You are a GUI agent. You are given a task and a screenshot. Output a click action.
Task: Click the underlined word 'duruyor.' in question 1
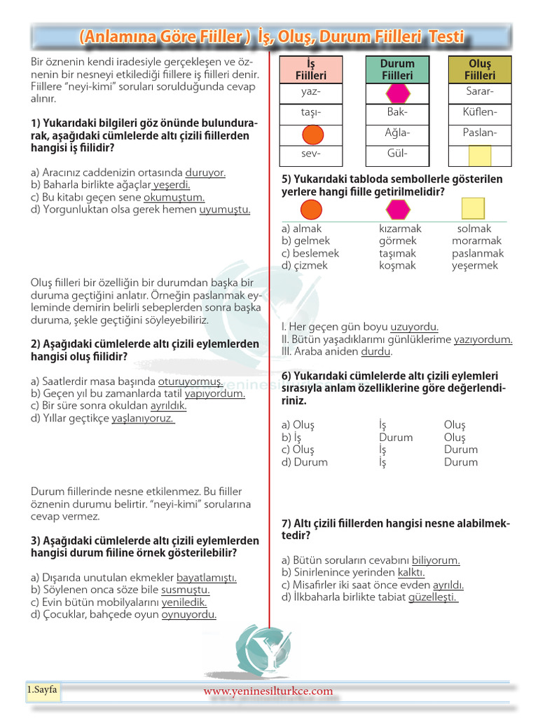(205, 172)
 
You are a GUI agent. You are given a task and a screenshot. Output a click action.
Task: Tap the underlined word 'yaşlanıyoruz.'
(143, 419)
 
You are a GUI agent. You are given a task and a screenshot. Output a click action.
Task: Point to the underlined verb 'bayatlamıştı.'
(206, 578)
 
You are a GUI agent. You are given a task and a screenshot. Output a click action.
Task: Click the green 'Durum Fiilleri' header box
(397, 69)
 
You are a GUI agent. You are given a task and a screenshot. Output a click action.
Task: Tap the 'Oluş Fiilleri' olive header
(480, 69)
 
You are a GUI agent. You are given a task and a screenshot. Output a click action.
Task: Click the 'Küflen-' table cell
(480, 112)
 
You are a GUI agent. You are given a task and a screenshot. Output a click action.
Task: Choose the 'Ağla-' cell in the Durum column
(397, 133)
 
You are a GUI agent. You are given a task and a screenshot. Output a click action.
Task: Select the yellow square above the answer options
(473, 209)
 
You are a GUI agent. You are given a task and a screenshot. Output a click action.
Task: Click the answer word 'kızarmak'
(400, 229)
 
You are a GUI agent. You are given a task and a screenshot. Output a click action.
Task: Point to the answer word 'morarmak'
(477, 241)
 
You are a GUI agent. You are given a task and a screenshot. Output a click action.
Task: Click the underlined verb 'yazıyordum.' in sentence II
(483, 339)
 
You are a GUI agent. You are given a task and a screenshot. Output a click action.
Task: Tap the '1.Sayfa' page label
(43, 690)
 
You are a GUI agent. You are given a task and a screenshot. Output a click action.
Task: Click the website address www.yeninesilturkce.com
(268, 691)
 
